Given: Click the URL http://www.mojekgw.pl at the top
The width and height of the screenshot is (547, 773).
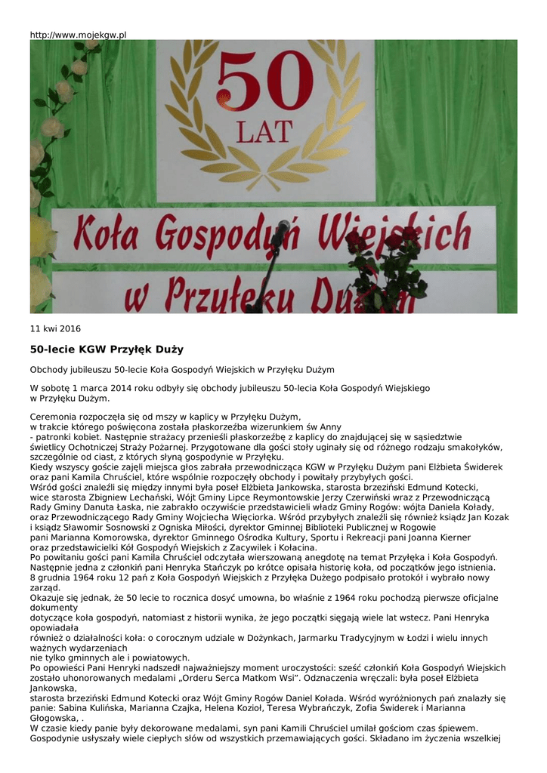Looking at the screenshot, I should coord(78,35).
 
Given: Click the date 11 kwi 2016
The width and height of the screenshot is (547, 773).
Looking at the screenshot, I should coord(55,329).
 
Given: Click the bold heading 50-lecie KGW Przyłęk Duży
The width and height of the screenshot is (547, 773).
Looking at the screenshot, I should coord(107,350).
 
